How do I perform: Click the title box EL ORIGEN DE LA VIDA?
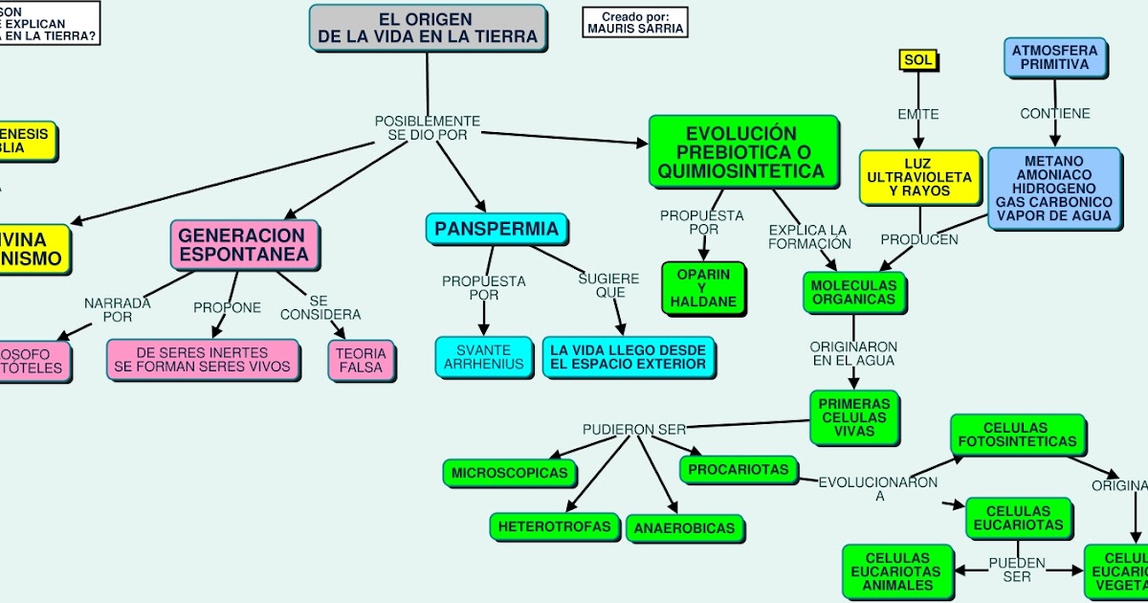pos(428,27)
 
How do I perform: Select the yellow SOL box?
pos(917,60)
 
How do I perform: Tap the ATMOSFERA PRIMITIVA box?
pos(1055,56)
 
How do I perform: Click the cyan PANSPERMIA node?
pos(497,229)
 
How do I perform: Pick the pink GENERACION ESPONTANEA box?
pos(244,244)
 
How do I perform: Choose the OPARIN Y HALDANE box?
pos(703,288)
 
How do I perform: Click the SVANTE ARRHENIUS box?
pos(483,357)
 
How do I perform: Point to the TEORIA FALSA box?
pos(361,360)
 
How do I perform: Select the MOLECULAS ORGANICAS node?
pos(853,292)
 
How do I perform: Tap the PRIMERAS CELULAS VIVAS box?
pos(853,417)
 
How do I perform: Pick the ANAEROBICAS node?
pos(684,528)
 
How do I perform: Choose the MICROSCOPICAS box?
pos(509,472)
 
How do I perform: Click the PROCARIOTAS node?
pos(738,469)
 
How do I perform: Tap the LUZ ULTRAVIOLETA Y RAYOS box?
pos(918,177)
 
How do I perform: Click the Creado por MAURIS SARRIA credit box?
pos(635,23)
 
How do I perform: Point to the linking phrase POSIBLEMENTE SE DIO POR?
pos(428,128)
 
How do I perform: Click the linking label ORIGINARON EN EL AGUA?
pos(853,353)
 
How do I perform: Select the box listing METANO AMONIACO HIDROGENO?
pos(1053,189)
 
